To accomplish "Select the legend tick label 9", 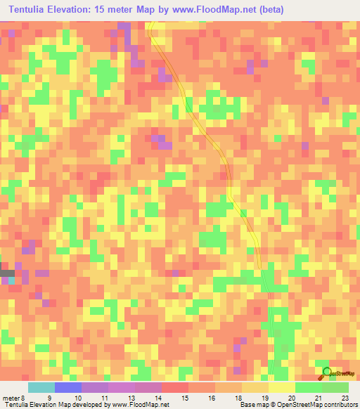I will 49,398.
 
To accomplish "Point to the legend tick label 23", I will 345,398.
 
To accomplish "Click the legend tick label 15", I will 185,398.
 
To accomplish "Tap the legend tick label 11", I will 103,398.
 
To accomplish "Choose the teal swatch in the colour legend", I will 41,387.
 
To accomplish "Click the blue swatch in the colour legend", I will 67,387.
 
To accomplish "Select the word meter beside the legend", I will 11,398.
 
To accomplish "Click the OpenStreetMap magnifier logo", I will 326,372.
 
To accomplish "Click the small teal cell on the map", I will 11,280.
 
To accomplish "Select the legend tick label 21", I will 319,398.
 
